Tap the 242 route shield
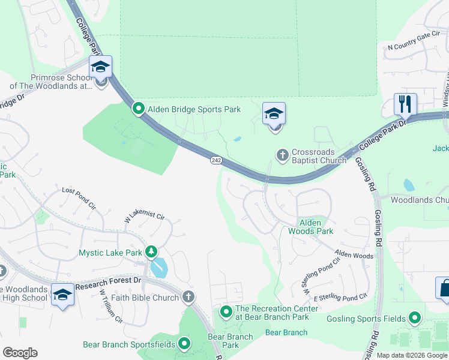[x=217, y=160]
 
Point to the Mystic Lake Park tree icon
[x=152, y=252]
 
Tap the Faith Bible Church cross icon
[x=188, y=297]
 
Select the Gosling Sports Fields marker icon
[x=414, y=318]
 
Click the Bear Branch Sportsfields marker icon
[x=184, y=344]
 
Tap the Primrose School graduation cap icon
[x=100, y=67]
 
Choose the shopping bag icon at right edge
[x=444, y=288]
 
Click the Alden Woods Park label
[x=310, y=227]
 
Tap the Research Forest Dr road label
[x=116, y=281]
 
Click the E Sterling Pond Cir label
[x=340, y=298]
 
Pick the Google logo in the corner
[x=20, y=353]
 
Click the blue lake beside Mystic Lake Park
[x=158, y=268]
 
